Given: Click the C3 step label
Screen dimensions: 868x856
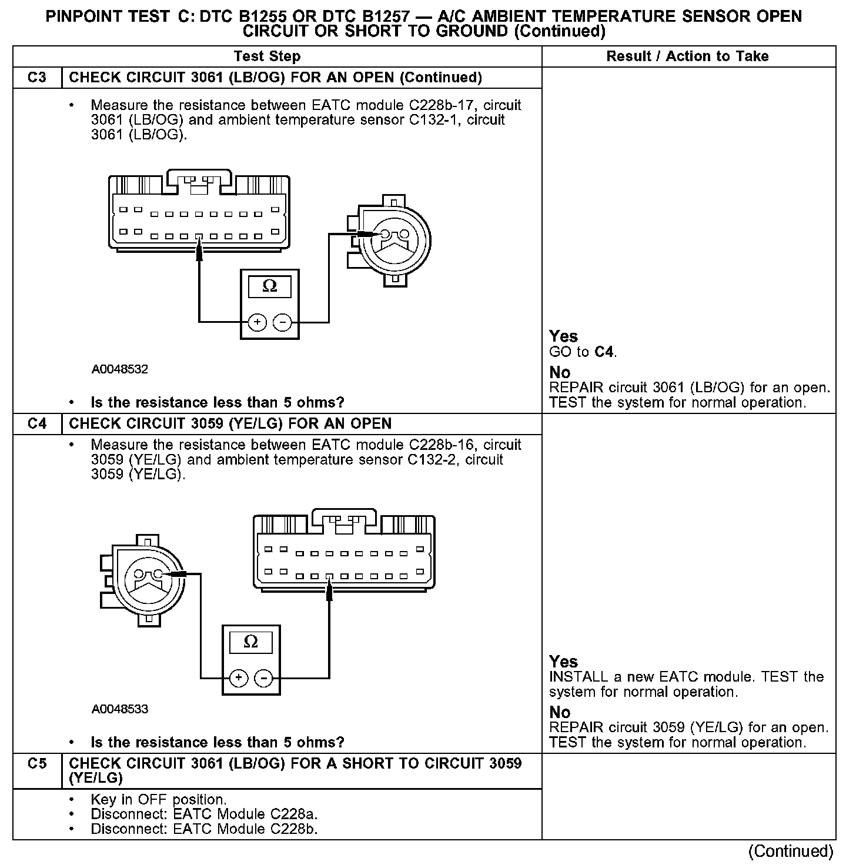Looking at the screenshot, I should [x=37, y=78].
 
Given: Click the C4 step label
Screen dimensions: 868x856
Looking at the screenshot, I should [x=37, y=424].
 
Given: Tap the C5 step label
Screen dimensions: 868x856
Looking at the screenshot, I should [x=37, y=764].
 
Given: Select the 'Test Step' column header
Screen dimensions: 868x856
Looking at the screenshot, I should [x=267, y=56].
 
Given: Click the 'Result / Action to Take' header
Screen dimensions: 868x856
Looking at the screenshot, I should [x=687, y=56].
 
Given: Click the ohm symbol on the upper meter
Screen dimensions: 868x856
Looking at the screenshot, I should [x=270, y=286].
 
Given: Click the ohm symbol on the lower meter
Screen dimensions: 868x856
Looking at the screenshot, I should [x=251, y=642].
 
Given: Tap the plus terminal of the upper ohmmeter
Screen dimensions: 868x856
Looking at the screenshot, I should [x=258, y=322].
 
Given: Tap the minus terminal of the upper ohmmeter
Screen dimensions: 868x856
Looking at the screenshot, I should [x=283, y=322].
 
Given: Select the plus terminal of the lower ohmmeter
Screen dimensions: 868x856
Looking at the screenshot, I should [x=238, y=678].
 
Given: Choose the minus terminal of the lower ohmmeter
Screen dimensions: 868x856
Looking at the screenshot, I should [x=264, y=678].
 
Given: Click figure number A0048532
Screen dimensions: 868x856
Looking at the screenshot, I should [x=120, y=369].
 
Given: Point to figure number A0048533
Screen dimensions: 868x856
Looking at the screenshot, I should [x=120, y=709].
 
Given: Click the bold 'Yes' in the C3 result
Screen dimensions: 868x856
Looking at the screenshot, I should [x=563, y=336].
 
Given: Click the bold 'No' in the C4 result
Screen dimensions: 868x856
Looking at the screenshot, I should [x=560, y=712].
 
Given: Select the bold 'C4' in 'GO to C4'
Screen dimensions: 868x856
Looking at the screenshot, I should [x=604, y=352].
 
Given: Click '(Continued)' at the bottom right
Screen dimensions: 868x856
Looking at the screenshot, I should [x=791, y=851].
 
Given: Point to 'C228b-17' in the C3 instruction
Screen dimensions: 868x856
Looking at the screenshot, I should [x=435, y=106].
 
